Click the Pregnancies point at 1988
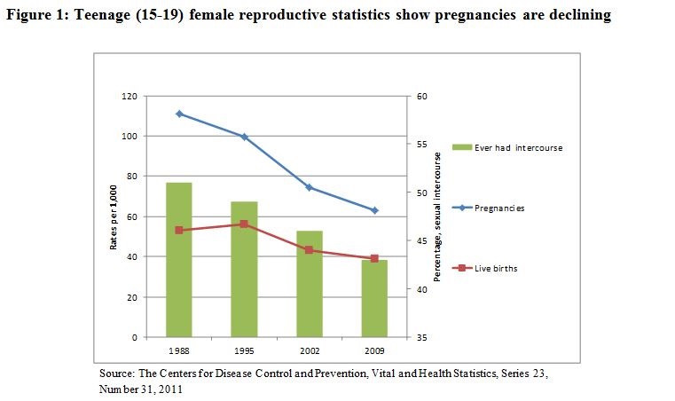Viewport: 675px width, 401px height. (179, 114)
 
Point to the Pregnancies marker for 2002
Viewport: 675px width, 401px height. (310, 187)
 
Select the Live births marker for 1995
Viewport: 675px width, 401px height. (244, 224)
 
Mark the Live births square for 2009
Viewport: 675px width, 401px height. (374, 258)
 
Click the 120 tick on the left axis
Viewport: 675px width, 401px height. (130, 96)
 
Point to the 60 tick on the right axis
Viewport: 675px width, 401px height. (422, 96)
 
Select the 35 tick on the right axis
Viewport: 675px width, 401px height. (422, 338)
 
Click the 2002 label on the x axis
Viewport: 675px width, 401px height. (310, 350)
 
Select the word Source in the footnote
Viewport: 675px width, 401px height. (117, 373)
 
